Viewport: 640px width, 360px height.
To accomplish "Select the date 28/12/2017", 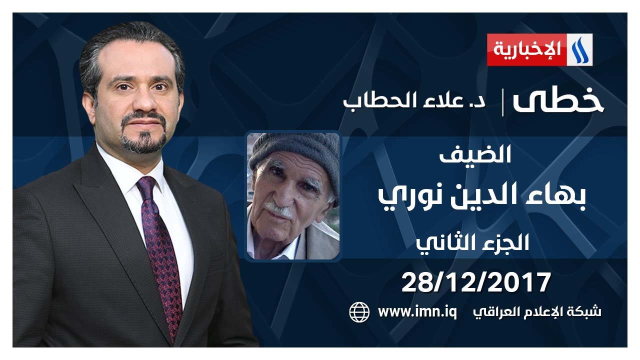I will point(476,282).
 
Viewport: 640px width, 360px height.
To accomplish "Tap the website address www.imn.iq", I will point(417,312).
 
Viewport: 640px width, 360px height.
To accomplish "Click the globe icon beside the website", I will point(359,312).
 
